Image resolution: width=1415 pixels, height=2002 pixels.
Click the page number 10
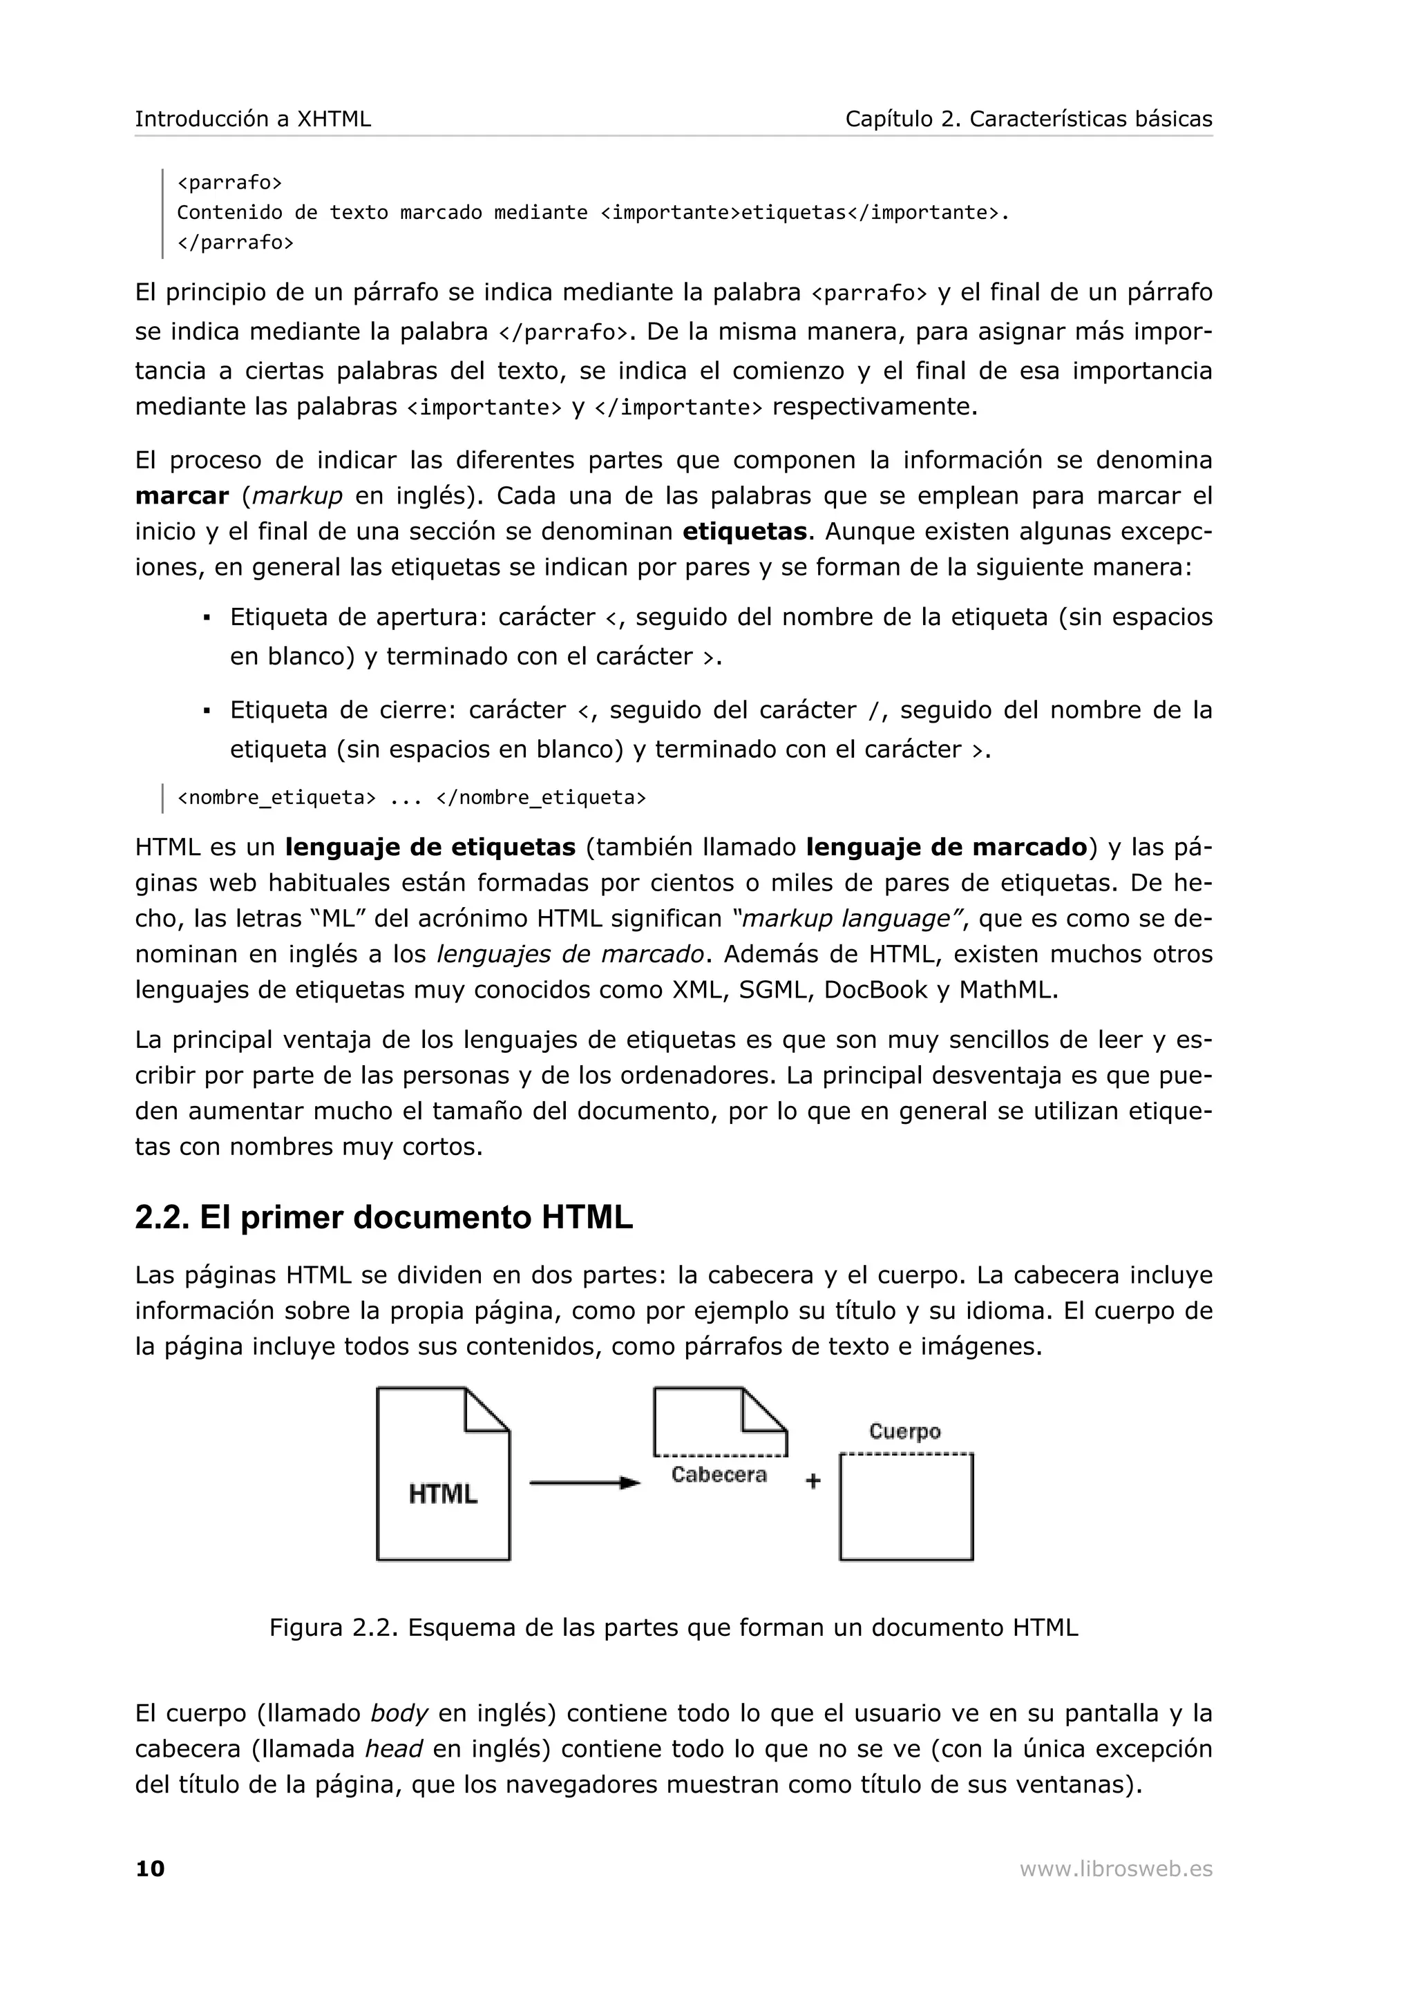tap(150, 1869)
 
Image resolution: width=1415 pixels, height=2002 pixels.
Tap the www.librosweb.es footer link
tap(1115, 1869)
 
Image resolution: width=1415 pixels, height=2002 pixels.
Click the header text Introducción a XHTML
tap(253, 119)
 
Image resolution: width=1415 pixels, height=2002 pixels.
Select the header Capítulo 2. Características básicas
tap(1028, 119)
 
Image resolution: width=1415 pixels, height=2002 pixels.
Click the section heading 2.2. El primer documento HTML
tap(383, 1217)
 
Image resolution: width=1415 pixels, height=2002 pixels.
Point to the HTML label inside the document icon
tap(443, 1494)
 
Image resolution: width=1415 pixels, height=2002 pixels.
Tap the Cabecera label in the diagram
tap(719, 1474)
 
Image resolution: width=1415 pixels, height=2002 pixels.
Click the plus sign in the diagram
tap(813, 1480)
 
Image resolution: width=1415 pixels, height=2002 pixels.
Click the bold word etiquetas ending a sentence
tap(743, 532)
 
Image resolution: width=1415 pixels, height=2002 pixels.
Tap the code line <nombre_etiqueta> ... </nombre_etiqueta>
tap(412, 797)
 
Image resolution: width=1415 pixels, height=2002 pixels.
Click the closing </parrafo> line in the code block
tap(236, 242)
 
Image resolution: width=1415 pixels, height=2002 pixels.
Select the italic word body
tap(399, 1713)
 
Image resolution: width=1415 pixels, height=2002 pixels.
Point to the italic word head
tap(393, 1749)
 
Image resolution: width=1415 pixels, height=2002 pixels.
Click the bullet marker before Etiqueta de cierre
tap(207, 711)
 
